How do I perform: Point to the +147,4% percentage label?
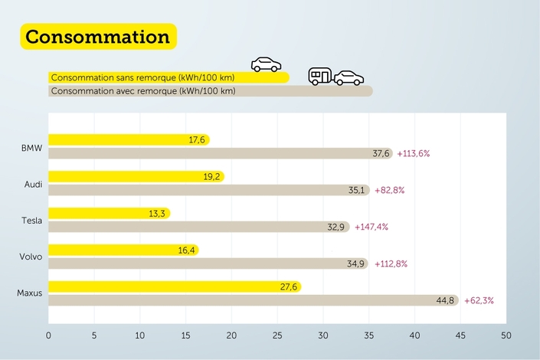tap(372, 227)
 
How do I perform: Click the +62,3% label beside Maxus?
tap(478, 300)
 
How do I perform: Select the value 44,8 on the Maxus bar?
tap(446, 300)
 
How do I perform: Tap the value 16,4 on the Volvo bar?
tap(187, 250)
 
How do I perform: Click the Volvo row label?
tap(31, 257)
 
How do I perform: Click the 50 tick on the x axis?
tap(506, 335)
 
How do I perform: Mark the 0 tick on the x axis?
tap(48, 335)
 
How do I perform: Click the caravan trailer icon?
tap(320, 75)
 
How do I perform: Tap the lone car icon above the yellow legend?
tap(266, 64)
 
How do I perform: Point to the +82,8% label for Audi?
tap(391, 190)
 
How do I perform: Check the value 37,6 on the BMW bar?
tap(381, 153)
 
